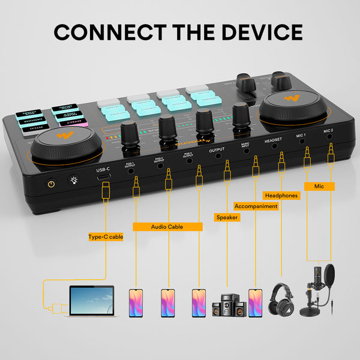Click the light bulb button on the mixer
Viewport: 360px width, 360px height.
[73, 180]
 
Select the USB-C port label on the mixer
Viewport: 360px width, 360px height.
[104, 170]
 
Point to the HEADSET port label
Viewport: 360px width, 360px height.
[274, 141]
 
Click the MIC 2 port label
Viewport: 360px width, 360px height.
[328, 130]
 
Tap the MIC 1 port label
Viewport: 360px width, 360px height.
[301, 136]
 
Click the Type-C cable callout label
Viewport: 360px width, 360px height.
[106, 236]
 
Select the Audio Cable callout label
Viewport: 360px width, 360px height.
[167, 227]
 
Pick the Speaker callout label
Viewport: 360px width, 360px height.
[227, 217]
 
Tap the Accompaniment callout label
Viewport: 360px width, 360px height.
[256, 206]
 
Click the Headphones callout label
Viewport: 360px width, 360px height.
[281, 196]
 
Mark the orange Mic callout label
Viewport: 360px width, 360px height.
[319, 186]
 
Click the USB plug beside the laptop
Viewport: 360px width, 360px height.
[57, 308]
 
